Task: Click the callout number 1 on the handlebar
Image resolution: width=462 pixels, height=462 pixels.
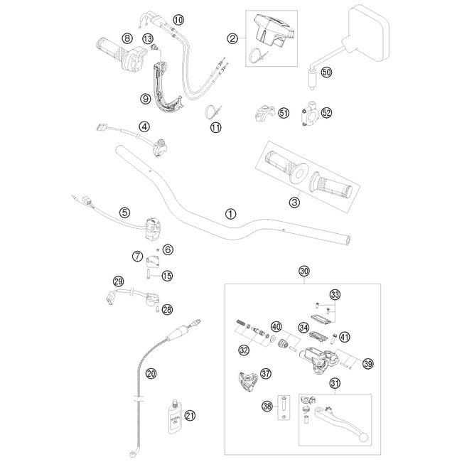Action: click(229, 213)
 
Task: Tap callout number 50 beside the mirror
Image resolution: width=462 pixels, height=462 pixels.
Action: click(326, 72)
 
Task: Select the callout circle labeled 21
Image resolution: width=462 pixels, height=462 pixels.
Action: click(188, 416)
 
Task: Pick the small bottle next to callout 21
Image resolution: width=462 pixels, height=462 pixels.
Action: click(173, 414)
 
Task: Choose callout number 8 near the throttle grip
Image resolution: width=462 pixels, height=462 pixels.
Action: click(127, 38)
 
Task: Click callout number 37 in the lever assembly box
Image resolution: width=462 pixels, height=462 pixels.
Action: click(266, 374)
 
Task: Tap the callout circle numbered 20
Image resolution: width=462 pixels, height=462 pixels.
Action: click(150, 372)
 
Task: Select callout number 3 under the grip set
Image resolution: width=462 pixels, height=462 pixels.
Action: click(294, 203)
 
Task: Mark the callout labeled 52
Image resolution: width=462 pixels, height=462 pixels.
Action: click(326, 112)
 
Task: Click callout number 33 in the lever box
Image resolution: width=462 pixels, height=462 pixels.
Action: click(335, 294)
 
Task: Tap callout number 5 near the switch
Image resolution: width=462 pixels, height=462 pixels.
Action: click(124, 212)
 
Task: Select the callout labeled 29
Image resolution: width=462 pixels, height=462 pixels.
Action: click(119, 281)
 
